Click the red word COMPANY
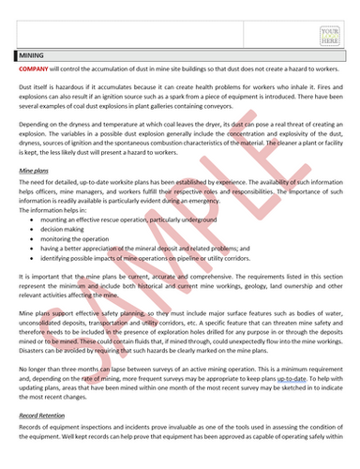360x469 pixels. [x=36, y=69]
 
